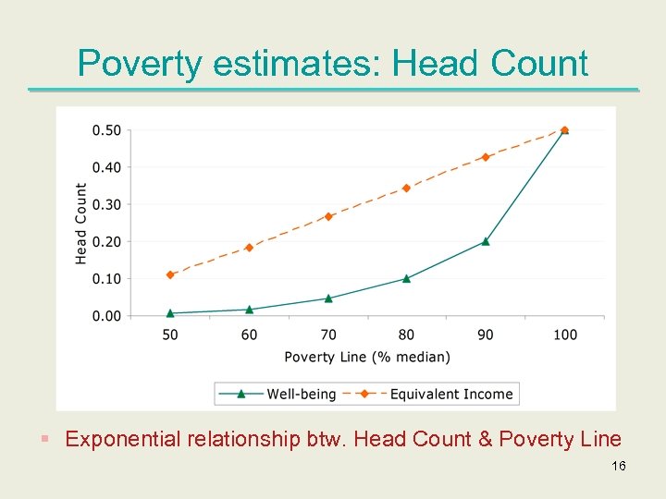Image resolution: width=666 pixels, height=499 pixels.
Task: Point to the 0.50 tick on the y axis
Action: coord(106,130)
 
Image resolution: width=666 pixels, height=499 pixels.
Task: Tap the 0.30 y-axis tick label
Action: coord(106,204)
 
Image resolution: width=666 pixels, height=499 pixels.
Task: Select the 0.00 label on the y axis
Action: coord(106,316)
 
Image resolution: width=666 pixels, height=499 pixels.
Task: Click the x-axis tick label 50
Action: coord(170,335)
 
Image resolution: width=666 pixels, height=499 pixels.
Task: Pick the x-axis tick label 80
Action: coord(406,335)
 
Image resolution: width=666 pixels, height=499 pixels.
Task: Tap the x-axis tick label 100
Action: coord(563,335)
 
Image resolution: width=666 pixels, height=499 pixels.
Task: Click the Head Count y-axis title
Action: coord(81,224)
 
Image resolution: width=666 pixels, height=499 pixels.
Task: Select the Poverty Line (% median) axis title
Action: coord(367,357)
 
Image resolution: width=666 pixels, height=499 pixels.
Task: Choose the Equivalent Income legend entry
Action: coord(450,394)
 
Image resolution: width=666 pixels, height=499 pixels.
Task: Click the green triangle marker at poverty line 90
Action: coord(486,241)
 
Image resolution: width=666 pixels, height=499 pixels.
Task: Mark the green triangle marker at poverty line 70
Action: coord(328,298)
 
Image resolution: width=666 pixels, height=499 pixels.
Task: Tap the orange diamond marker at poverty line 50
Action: coord(170,274)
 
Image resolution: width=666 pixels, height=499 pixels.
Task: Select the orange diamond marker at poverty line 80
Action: coord(406,188)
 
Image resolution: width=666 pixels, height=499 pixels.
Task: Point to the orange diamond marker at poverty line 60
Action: coord(249,248)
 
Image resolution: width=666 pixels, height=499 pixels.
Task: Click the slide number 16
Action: coord(619,467)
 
